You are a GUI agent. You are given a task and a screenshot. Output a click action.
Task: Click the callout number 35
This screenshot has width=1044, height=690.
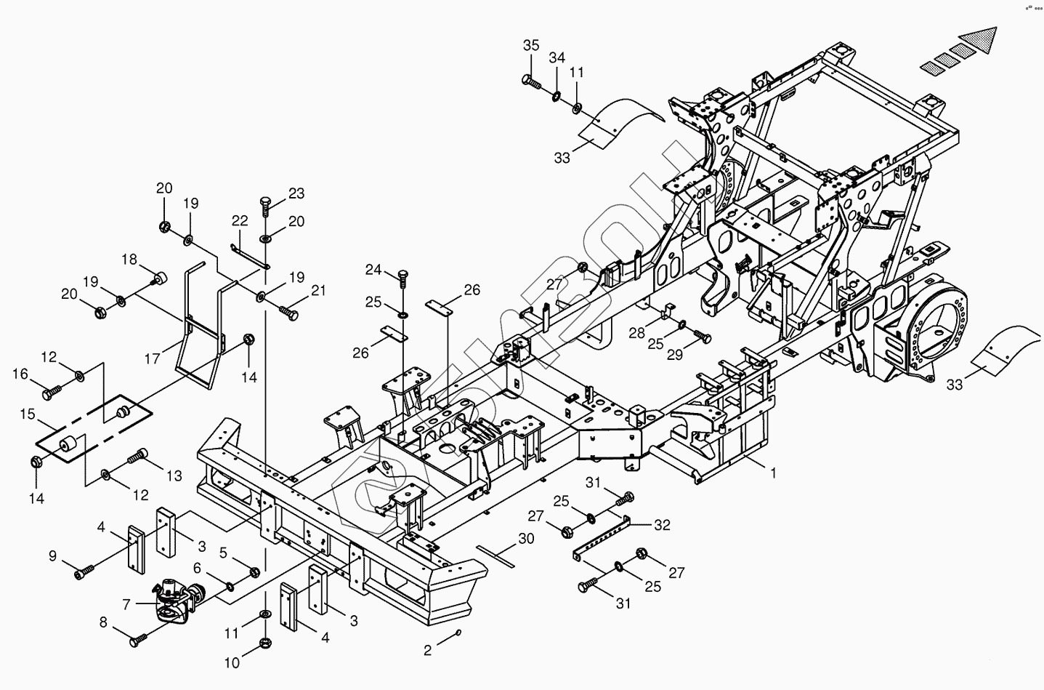point(531,45)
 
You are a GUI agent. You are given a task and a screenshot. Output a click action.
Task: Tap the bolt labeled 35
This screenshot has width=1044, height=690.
point(530,81)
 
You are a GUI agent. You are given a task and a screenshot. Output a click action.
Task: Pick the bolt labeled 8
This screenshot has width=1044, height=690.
point(138,641)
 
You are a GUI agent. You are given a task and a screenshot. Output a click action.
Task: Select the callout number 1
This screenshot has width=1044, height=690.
point(774,473)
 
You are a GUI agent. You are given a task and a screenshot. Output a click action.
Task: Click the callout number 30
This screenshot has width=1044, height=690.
point(526,539)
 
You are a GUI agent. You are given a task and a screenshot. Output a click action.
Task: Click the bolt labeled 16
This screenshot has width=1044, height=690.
point(52,393)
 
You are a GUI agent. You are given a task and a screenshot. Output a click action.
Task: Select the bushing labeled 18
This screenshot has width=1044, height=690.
point(161,277)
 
